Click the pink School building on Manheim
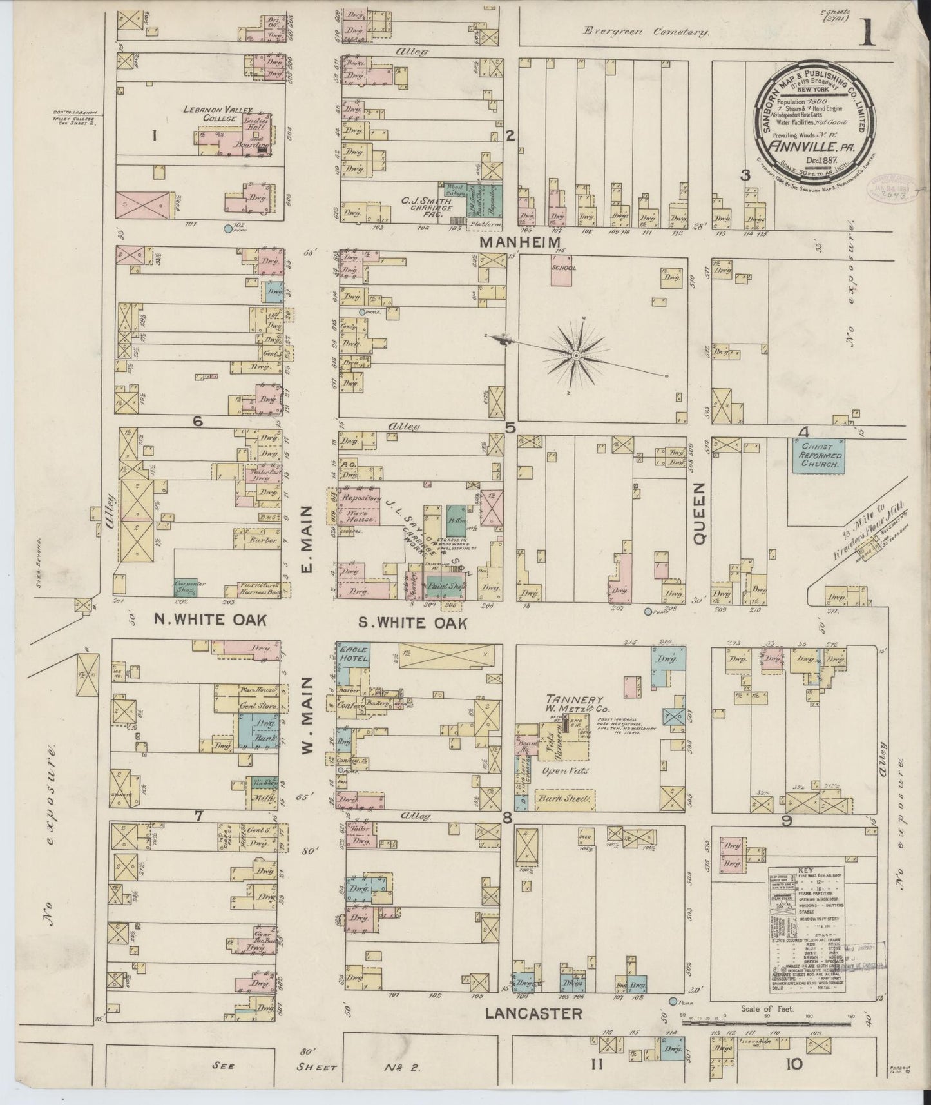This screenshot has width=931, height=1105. tap(563, 273)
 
